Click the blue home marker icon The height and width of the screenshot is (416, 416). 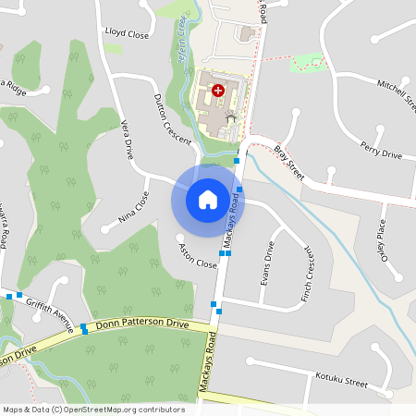click(x=207, y=199)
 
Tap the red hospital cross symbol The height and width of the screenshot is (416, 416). click(x=218, y=91)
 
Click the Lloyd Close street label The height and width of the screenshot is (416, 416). click(x=128, y=33)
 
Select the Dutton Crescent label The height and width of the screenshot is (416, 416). click(x=173, y=118)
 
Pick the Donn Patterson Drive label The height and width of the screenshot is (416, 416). click(x=143, y=326)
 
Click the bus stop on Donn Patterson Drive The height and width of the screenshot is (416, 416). click(x=84, y=328)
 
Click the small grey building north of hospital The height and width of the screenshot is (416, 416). click(x=247, y=33)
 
